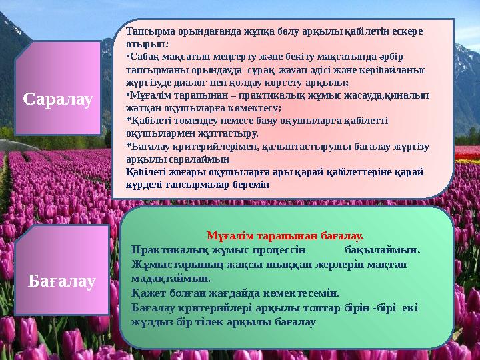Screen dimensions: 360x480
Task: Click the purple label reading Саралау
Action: click(x=58, y=99)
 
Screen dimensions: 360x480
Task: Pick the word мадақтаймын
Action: click(x=171, y=278)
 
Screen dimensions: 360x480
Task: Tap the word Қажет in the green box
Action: click(x=148, y=293)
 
